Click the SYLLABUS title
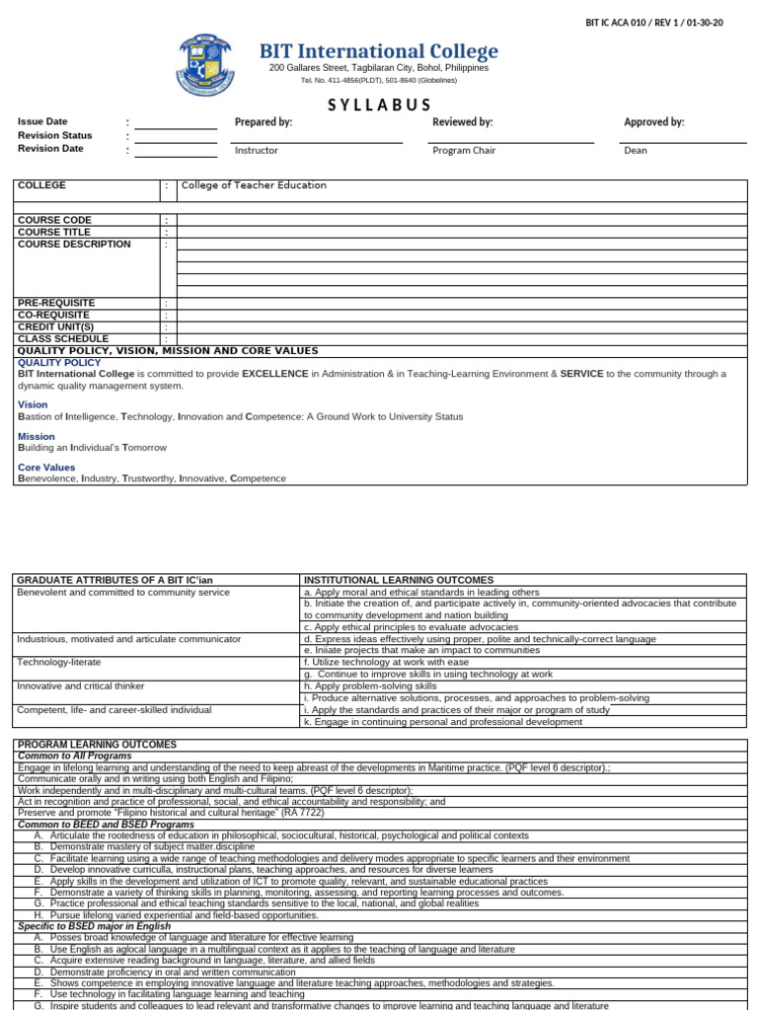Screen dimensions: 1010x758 [x=379, y=106]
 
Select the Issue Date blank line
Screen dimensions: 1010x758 [x=176, y=123]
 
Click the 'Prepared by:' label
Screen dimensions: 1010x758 [x=264, y=122]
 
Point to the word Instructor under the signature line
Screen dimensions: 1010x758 [x=257, y=151]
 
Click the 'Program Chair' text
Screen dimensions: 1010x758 [x=462, y=151]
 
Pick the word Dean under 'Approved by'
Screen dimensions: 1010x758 [x=636, y=151]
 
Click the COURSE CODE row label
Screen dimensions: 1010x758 [x=54, y=220]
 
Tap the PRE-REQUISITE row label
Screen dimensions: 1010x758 [x=56, y=303]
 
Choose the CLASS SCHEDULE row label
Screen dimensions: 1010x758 [x=63, y=338]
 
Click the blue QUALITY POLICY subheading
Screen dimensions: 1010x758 [x=59, y=362]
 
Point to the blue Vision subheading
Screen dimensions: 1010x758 [x=33, y=404]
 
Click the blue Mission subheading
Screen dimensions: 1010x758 [x=37, y=436]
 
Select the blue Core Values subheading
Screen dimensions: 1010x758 [x=45, y=467]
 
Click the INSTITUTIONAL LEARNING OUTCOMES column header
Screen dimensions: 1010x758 [x=399, y=580]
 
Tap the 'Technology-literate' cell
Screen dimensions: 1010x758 [x=59, y=663]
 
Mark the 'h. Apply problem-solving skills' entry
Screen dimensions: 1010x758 [x=370, y=685]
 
